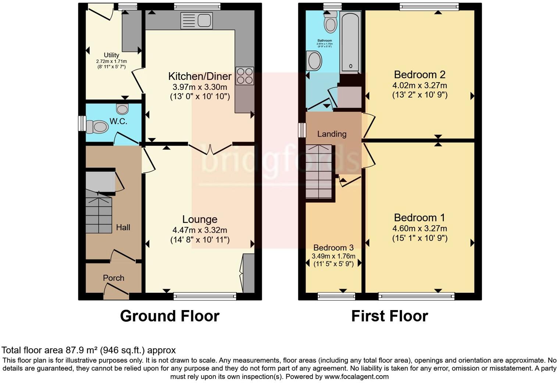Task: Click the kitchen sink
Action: tap(197, 21)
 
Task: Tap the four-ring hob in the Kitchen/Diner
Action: tap(245, 76)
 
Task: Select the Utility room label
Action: tap(111, 55)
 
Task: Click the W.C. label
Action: tap(118, 122)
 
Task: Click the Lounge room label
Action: tap(200, 219)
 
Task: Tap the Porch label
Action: tap(113, 278)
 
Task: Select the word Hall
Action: tap(123, 228)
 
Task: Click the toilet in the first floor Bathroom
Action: tap(331, 22)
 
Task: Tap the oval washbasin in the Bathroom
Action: tap(314, 61)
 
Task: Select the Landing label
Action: tap(332, 134)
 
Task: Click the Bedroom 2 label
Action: tap(420, 75)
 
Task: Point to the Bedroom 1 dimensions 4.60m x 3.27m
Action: tap(420, 228)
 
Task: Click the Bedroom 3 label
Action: tap(331, 247)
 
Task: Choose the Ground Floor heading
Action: tap(170, 316)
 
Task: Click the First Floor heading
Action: tap(389, 316)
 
